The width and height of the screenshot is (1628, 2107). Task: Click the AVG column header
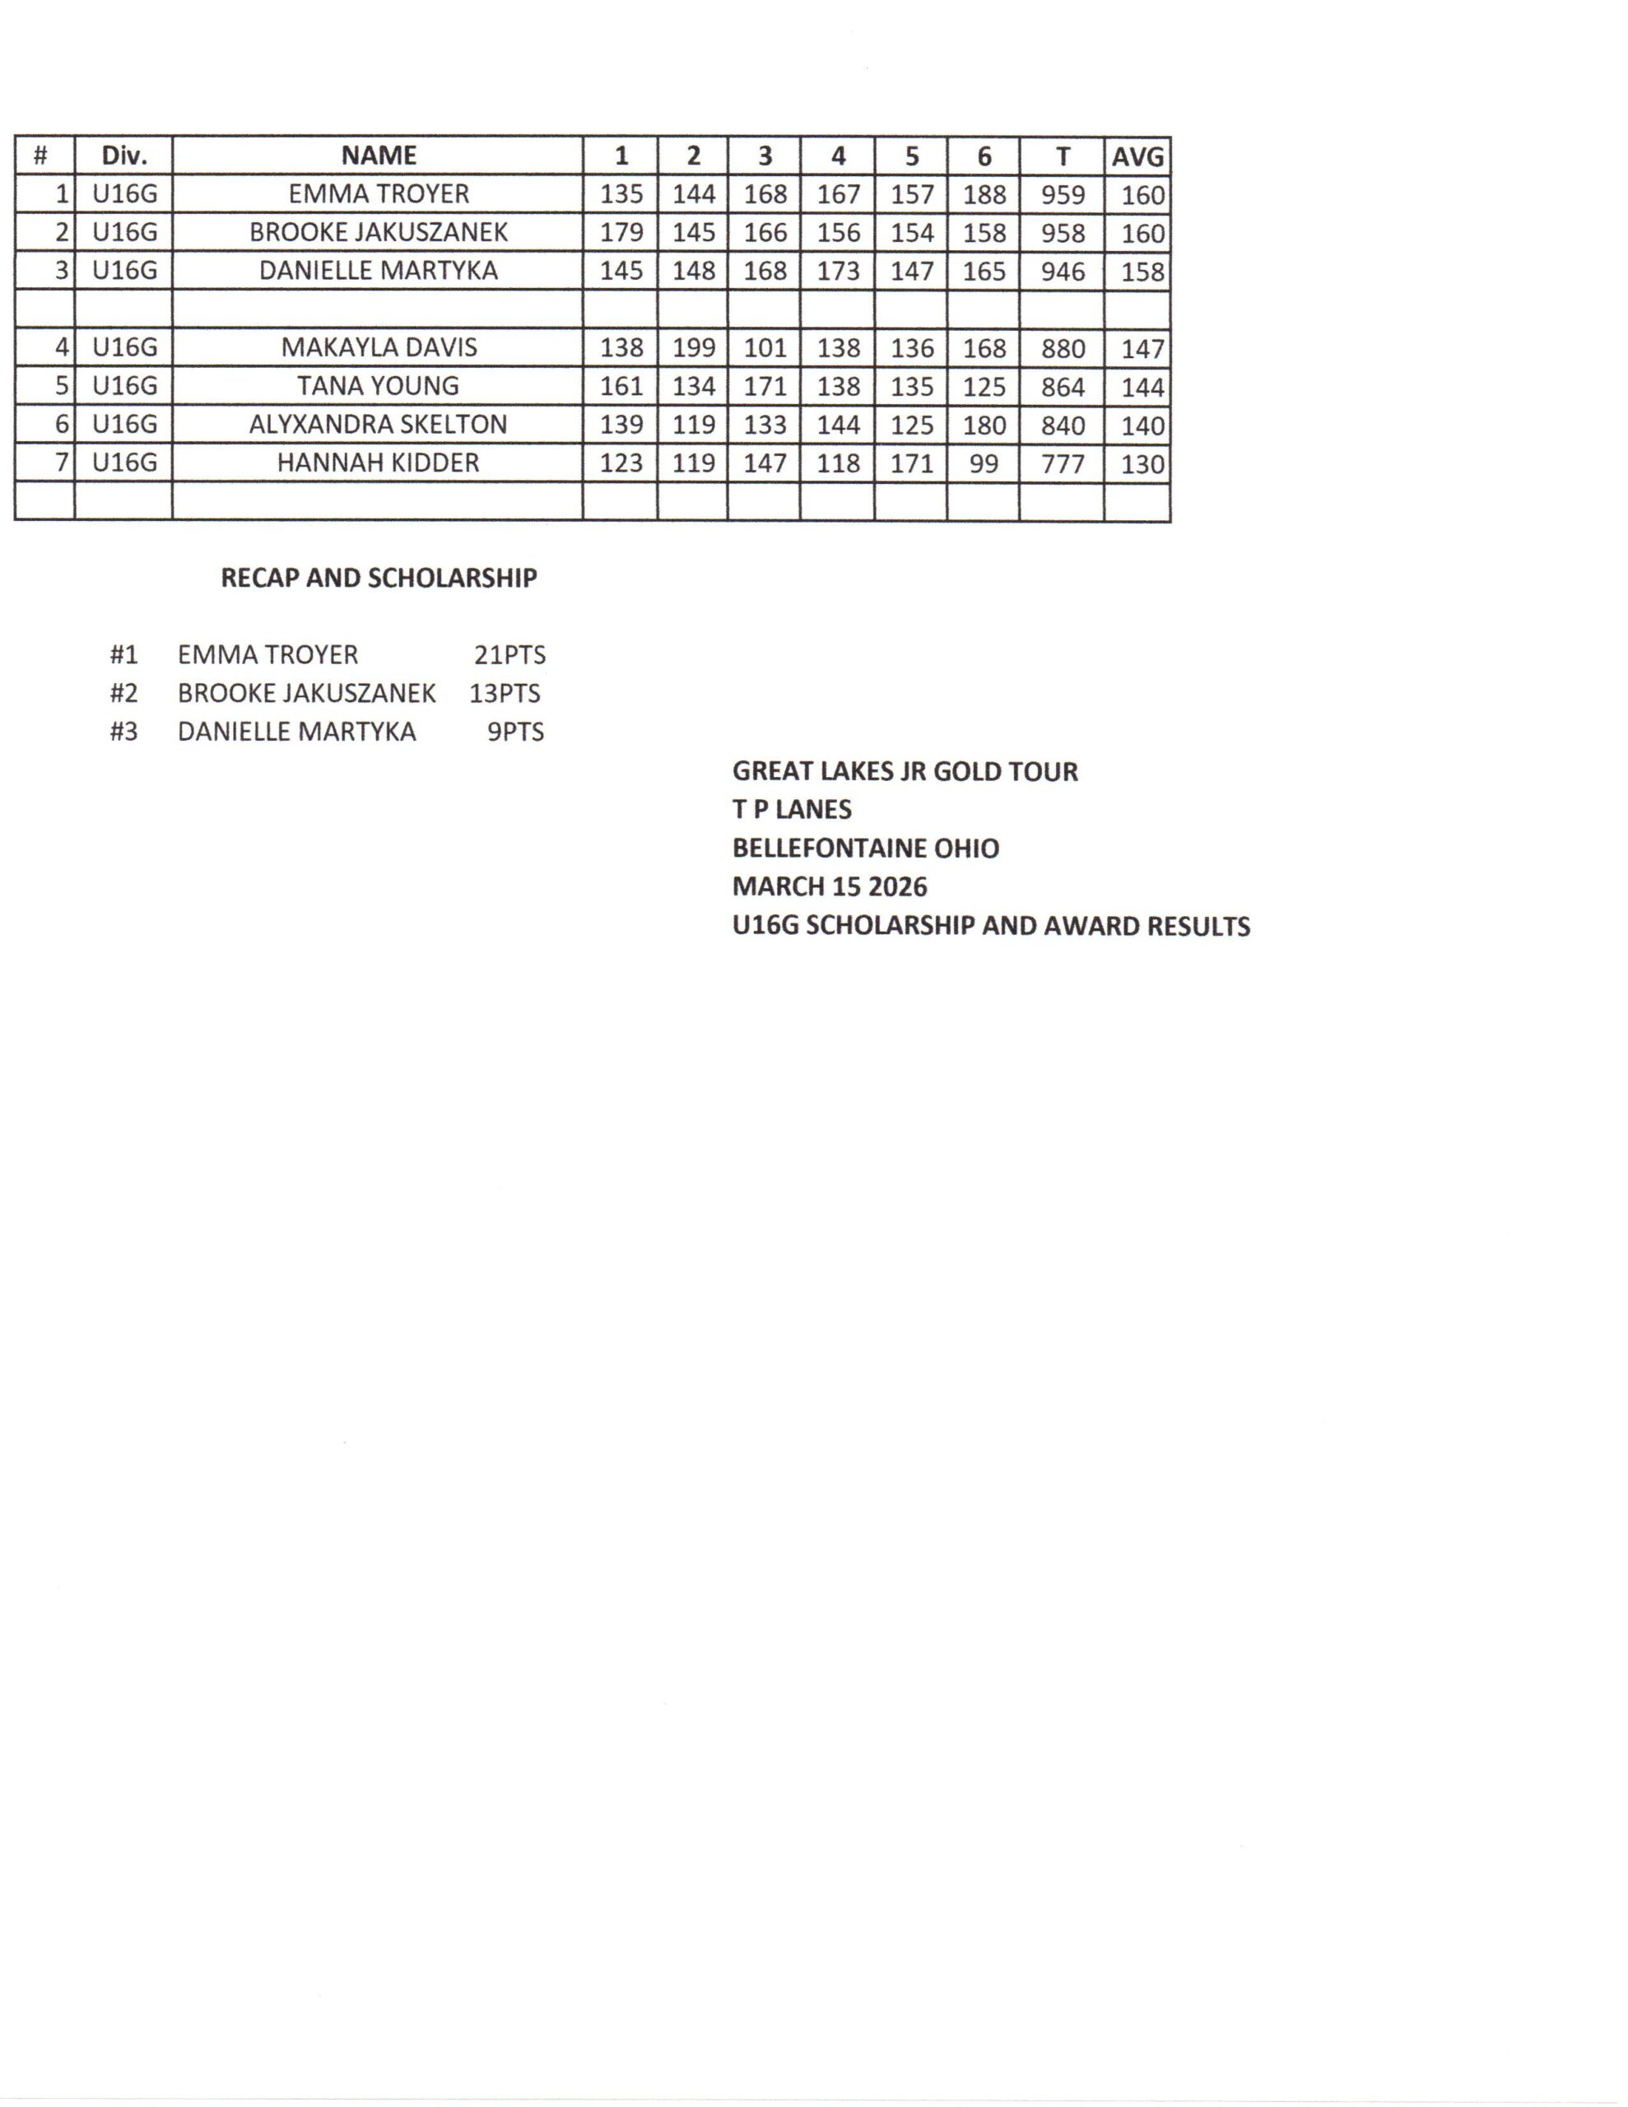(x=1137, y=156)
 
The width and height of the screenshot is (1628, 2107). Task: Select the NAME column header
(x=379, y=156)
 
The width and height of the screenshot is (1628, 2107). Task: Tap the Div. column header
(x=123, y=156)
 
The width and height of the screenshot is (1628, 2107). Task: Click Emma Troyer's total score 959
(x=1062, y=195)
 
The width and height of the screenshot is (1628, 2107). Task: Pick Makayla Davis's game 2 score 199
(x=693, y=348)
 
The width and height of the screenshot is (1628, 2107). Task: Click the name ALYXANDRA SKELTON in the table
(x=379, y=425)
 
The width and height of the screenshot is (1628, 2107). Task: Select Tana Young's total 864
(x=1062, y=387)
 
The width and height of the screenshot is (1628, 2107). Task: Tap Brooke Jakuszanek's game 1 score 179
(x=621, y=232)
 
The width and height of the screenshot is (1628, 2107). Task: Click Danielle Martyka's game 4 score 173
(x=838, y=271)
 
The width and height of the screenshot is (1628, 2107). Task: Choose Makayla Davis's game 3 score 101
(x=765, y=348)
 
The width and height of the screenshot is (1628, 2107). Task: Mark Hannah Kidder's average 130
(x=1142, y=464)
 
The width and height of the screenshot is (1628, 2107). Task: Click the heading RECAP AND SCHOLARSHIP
(x=379, y=578)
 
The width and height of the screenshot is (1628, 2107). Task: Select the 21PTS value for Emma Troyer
(x=509, y=655)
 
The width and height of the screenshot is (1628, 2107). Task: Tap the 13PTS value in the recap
(x=505, y=694)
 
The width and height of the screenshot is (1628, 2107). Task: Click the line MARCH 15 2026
(x=829, y=886)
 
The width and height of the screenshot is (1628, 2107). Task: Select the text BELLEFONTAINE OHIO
(x=866, y=848)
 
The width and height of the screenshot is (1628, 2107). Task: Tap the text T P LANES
(x=791, y=809)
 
